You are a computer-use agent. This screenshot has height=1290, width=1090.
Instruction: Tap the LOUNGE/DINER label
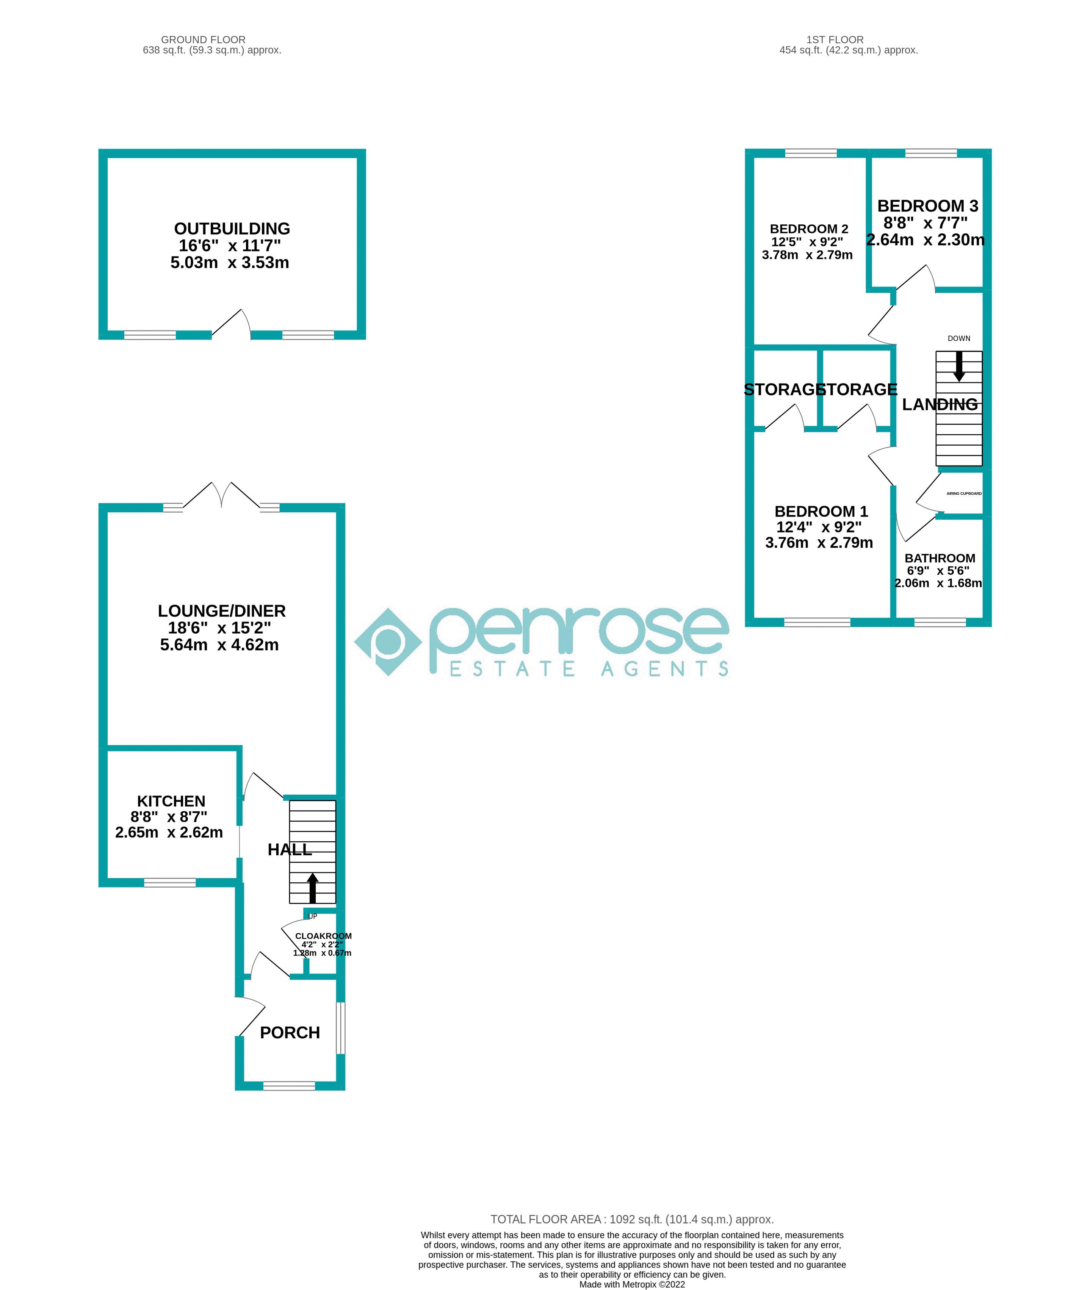pos(222,611)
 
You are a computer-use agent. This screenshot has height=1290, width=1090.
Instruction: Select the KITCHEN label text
pos(171,801)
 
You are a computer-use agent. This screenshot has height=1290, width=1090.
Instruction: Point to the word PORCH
pos(290,1033)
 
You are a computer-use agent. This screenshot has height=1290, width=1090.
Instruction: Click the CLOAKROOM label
pos(323,936)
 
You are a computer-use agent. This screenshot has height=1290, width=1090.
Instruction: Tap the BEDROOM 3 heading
pos(927,206)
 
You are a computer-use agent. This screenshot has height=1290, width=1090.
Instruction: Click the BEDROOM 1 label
pos(821,512)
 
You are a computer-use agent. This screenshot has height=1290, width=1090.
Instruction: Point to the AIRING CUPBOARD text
pos(964,494)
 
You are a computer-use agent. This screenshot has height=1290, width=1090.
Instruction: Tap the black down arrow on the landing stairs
pos(959,366)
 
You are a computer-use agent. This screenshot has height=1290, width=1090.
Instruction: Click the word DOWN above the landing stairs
pos(959,338)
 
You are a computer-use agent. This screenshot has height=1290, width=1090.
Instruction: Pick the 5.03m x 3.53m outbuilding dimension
pos(230,263)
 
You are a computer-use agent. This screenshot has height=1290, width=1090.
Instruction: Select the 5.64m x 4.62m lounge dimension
pos(219,645)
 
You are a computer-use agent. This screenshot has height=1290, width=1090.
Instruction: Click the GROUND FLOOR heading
pos(203,39)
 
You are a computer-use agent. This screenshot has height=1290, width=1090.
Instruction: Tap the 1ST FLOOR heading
pos(835,39)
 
